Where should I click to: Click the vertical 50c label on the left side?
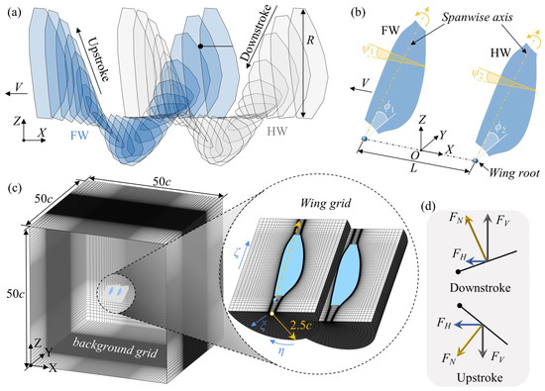pyautogui.click(x=11, y=293)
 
